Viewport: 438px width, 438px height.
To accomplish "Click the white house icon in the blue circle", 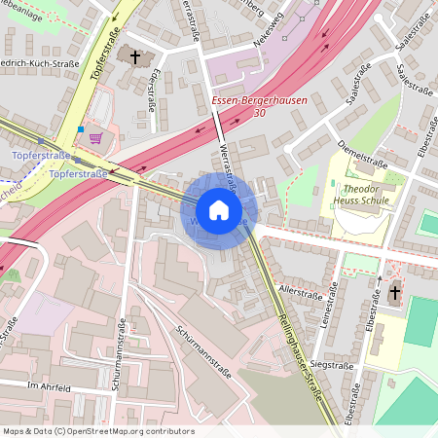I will pos(219,209).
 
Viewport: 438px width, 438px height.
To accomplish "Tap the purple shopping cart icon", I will pos(95,138).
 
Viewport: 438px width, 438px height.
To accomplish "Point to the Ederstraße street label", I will pos(151,93).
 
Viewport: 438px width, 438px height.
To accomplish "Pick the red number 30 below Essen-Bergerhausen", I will pos(258,114).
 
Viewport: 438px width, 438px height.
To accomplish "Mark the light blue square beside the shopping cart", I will pos(80,128).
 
